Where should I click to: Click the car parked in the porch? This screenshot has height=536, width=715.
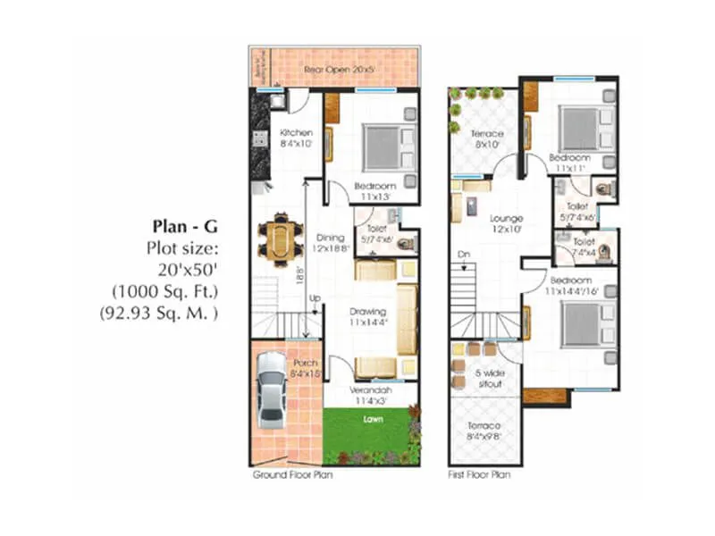[272, 389]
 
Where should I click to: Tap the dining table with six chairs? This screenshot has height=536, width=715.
[280, 239]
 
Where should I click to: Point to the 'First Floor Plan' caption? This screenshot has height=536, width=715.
[478, 476]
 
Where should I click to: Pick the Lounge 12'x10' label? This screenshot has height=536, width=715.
[506, 223]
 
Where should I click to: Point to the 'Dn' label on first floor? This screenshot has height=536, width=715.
[462, 254]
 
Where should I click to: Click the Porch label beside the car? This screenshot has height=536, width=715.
[305, 369]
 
